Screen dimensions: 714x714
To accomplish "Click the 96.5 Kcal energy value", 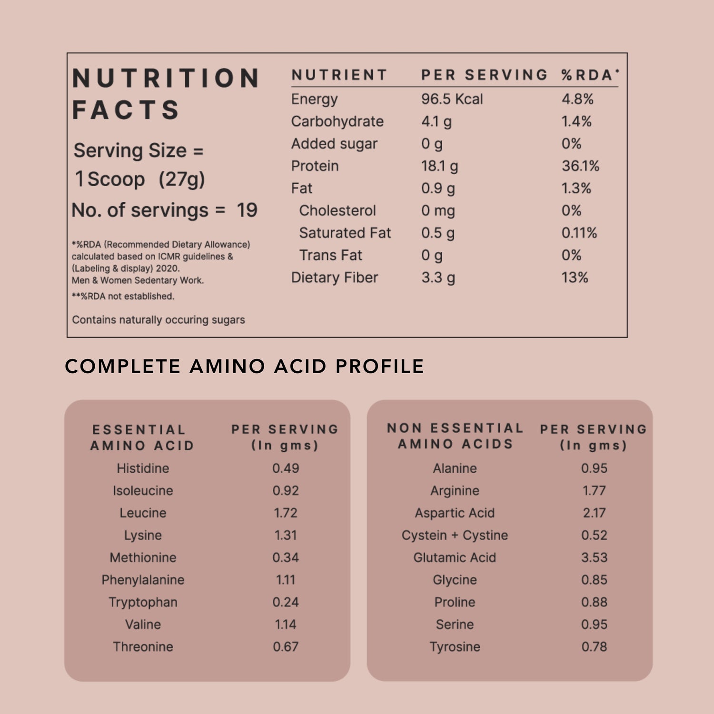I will click(452, 99).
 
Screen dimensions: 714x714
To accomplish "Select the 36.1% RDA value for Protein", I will click(580, 166).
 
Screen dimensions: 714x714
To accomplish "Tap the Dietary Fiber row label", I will click(334, 278).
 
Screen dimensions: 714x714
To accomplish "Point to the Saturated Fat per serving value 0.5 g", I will click(437, 233).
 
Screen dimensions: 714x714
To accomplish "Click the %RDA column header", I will click(589, 75).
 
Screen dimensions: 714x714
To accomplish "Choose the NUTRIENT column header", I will click(339, 75).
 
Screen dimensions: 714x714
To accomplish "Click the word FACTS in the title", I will click(126, 110).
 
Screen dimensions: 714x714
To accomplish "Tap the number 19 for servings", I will click(247, 210).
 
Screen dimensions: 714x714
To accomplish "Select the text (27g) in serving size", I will click(181, 179).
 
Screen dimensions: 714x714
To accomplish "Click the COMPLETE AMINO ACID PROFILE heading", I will click(244, 366).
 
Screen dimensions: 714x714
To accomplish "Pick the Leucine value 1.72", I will click(286, 513).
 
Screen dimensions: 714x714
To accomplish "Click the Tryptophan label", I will click(143, 602).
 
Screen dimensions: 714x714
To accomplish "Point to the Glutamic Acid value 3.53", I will click(594, 557).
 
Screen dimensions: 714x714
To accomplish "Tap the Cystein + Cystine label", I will click(455, 535).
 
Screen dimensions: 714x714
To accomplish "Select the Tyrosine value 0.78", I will click(594, 646).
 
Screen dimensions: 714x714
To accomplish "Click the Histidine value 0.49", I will click(286, 468).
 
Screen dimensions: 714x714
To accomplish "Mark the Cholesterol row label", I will click(337, 210).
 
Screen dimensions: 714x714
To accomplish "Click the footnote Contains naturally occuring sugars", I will click(158, 320).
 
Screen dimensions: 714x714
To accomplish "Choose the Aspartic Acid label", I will click(455, 513).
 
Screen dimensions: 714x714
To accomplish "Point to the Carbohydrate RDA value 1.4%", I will click(576, 121).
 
